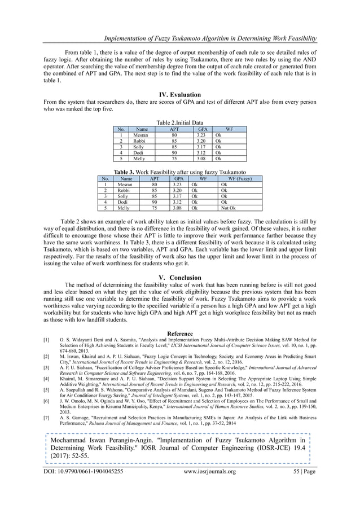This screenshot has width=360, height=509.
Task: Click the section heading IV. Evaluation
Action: click(180, 95)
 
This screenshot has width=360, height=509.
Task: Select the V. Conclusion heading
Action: click(180, 277)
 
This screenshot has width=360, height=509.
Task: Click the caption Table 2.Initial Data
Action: click(180, 122)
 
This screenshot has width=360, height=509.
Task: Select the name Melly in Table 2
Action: click(139, 159)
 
